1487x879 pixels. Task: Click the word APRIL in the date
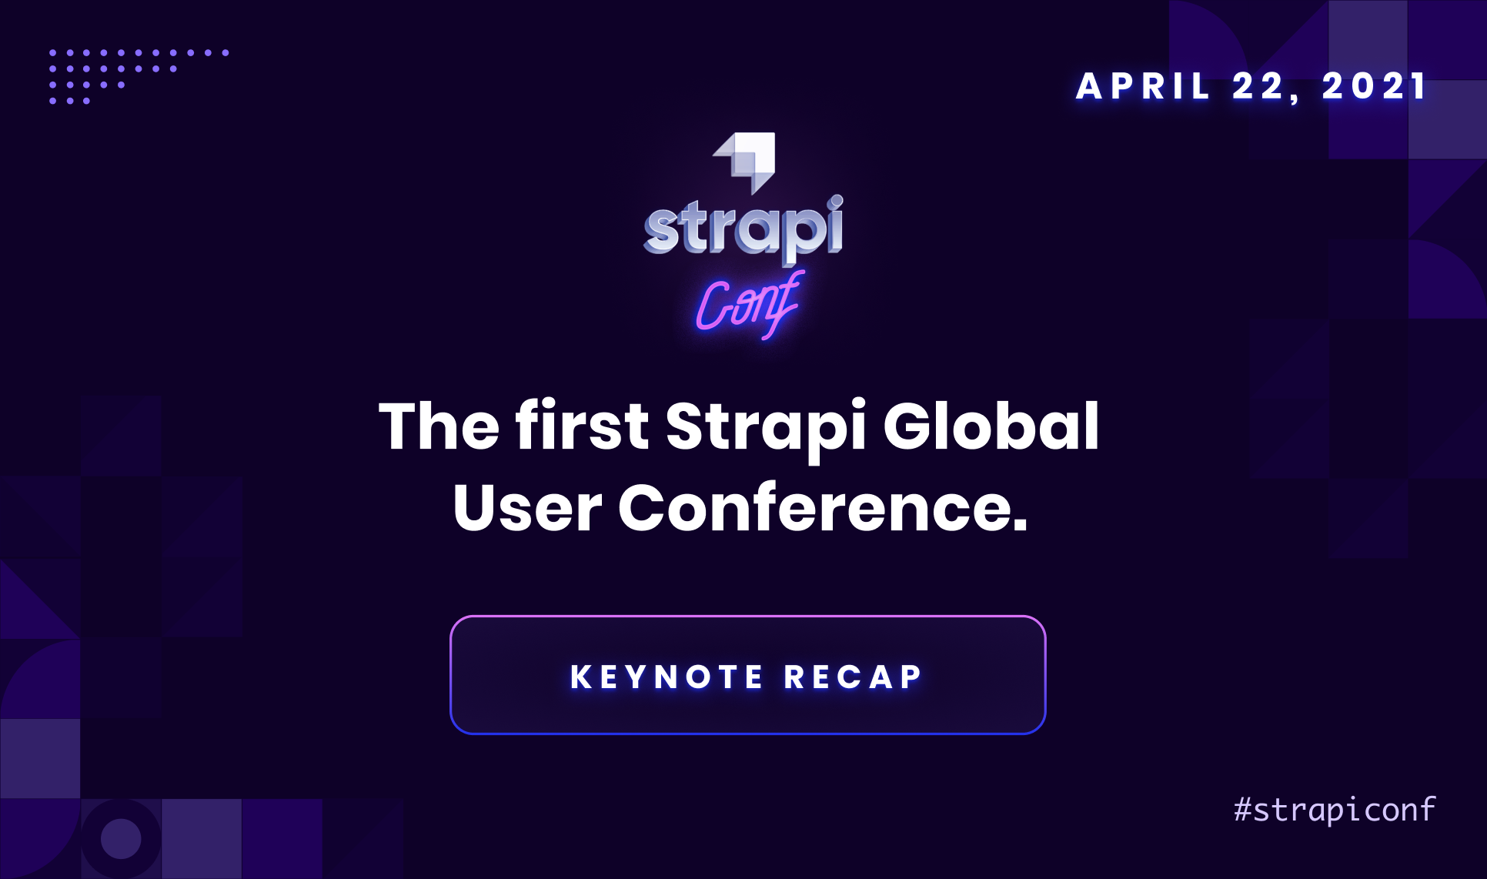[1143, 86]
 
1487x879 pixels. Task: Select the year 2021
[1375, 86]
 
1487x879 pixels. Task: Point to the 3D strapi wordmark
[743, 228]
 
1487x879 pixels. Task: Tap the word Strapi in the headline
[766, 428]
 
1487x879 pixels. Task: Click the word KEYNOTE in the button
[667, 677]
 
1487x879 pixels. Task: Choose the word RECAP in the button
[853, 677]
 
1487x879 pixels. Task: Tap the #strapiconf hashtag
[1335, 810]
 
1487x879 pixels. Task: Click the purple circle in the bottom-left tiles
[121, 838]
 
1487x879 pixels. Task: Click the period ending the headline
[1020, 524]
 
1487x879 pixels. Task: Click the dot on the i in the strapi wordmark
[836, 202]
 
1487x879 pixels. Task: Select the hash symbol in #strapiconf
[1242, 810]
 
